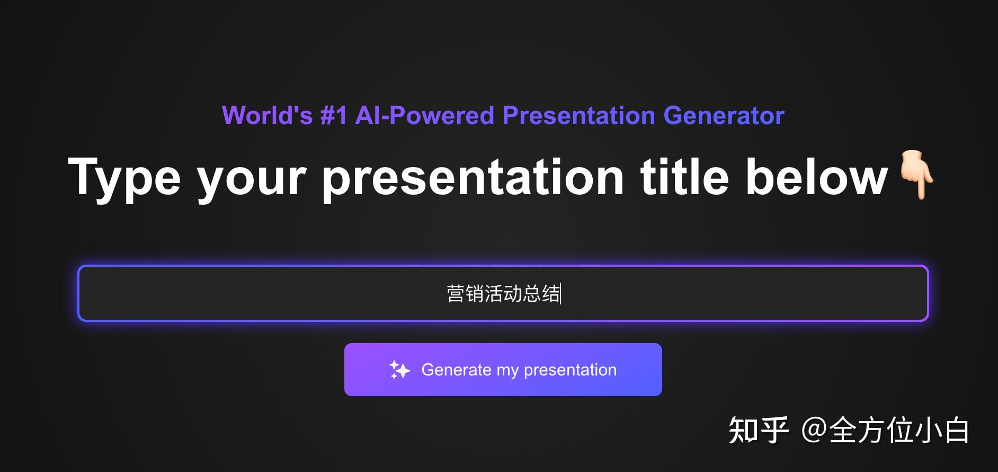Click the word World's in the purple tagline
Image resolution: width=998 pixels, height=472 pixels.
pyautogui.click(x=267, y=116)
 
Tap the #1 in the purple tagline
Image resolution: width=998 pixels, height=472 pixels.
pyautogui.click(x=334, y=116)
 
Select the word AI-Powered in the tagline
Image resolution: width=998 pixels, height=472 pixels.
pyautogui.click(x=425, y=116)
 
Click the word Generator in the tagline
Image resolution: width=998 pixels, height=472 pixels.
pyautogui.click(x=724, y=116)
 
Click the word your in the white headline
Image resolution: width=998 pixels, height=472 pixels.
pyautogui.click(x=252, y=181)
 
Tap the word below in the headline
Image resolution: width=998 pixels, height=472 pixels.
pyautogui.click(x=816, y=176)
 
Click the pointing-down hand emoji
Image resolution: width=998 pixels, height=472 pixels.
pyautogui.click(x=917, y=175)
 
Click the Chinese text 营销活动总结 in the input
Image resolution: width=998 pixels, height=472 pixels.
pyautogui.click(x=503, y=293)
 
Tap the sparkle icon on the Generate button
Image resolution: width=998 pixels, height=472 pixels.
pyautogui.click(x=399, y=370)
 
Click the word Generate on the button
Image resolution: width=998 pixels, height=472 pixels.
pyautogui.click(x=456, y=370)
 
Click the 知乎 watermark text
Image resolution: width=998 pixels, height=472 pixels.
pyautogui.click(x=759, y=430)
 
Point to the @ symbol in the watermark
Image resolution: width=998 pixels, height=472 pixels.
pyautogui.click(x=815, y=430)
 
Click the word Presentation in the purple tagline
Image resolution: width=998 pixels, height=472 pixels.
pyautogui.click(x=579, y=116)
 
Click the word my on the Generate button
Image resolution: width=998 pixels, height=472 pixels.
pyautogui.click(x=507, y=371)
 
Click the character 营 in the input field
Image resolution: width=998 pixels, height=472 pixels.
pyautogui.click(x=456, y=293)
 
